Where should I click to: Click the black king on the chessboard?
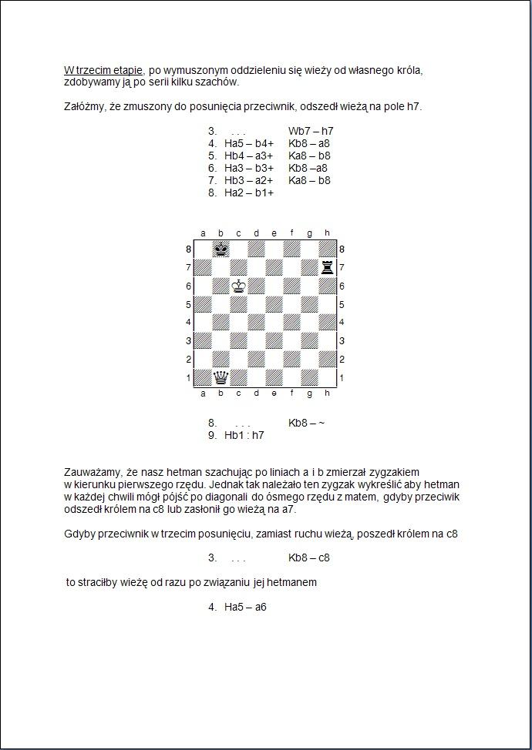click(x=221, y=249)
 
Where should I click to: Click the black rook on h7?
click(x=328, y=267)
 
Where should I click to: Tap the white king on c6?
click(x=239, y=286)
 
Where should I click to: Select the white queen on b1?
click(x=221, y=377)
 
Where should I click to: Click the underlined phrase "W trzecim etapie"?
click(x=103, y=70)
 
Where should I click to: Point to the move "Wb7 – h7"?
click(x=311, y=131)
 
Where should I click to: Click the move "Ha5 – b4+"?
click(x=249, y=143)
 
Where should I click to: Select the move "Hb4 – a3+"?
click(x=249, y=156)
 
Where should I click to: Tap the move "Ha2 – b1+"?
click(x=249, y=193)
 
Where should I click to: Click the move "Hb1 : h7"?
click(x=244, y=435)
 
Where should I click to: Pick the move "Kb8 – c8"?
click(x=309, y=557)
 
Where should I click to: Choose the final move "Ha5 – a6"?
click(x=245, y=607)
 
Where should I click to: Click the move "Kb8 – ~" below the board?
click(x=307, y=423)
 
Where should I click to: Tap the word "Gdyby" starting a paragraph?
click(x=79, y=533)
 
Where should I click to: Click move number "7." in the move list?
click(x=212, y=180)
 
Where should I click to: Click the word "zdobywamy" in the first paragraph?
click(x=92, y=82)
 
